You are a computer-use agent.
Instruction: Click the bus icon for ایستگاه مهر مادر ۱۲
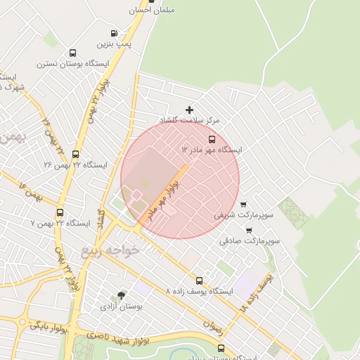(212, 139)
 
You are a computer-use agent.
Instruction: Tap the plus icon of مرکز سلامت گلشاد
(189, 110)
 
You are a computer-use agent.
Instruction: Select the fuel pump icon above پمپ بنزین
(115, 33)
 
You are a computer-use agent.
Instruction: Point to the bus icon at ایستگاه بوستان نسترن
(72, 53)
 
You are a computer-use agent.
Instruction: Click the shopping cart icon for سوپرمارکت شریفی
(243, 204)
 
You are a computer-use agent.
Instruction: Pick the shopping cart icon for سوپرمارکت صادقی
(248, 230)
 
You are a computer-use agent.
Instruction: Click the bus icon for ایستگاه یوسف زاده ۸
(199, 280)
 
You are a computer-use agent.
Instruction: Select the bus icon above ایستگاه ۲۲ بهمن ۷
(59, 212)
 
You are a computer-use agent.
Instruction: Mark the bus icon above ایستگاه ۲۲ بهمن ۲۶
(75, 154)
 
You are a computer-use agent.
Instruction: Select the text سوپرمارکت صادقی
(250, 240)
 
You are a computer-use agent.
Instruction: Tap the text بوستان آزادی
(122, 307)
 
